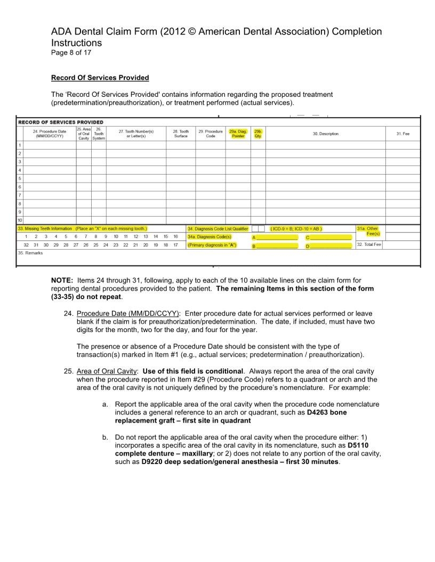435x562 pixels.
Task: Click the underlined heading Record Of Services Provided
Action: (100, 78)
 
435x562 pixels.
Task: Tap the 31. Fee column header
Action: (402, 134)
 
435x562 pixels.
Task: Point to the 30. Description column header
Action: (325, 134)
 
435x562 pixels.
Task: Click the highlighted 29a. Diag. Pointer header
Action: (238, 134)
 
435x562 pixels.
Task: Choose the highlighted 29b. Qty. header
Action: (258, 134)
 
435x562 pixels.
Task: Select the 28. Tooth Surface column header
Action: (181, 134)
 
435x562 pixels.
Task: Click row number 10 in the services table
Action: (20, 220)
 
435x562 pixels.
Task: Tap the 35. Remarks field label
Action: (30, 253)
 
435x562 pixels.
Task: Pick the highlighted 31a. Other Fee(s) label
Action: (368, 231)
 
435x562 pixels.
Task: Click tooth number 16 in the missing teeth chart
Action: (175, 236)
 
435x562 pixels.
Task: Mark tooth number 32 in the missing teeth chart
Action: (26, 245)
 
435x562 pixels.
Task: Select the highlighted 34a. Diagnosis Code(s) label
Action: (210, 236)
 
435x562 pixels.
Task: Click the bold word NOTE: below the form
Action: (62, 280)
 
